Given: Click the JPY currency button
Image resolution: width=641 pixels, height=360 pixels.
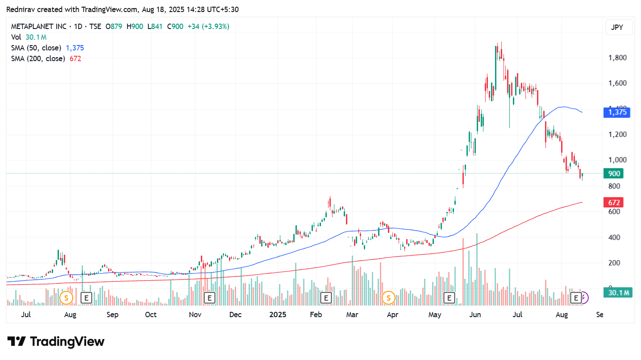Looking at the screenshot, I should [x=617, y=27].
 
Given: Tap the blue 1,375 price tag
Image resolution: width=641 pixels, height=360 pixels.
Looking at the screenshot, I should [x=617, y=112].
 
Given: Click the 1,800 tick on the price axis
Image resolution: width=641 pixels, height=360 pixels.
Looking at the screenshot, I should [x=617, y=58].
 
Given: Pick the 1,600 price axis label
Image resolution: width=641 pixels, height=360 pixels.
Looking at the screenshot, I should [x=617, y=83].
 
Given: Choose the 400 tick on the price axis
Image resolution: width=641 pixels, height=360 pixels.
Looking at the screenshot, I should [x=614, y=237].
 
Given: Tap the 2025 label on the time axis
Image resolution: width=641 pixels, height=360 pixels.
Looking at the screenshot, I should [x=278, y=315].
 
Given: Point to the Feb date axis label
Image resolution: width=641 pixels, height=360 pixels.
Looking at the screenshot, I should [x=316, y=315].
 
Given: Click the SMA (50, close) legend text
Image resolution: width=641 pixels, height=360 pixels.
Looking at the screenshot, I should [x=36, y=48].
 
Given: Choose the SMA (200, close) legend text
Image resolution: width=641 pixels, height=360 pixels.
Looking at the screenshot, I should [x=38, y=58].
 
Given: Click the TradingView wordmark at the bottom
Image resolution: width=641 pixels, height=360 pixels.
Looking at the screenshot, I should [x=56, y=342].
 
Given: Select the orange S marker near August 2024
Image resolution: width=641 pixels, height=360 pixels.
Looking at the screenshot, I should [x=67, y=297].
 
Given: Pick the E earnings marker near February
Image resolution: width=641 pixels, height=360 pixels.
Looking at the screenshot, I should [x=326, y=297].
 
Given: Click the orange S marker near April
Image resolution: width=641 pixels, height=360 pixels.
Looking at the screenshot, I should [x=388, y=297].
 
